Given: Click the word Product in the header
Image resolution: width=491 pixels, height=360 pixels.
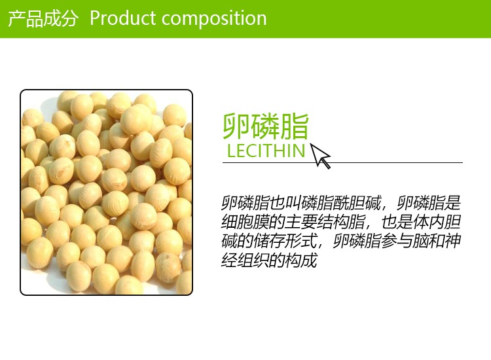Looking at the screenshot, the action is point(123,18).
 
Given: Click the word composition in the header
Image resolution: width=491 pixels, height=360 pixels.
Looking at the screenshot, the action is point(214,19).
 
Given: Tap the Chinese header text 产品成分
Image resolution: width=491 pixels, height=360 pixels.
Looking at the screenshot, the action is point(43,18).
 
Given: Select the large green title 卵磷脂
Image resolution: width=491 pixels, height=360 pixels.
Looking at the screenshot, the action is point(266,126).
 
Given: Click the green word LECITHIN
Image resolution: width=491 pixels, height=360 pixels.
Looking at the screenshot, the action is point(266,151).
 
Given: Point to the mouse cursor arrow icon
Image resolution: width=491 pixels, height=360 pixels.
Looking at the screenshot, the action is point(320,156).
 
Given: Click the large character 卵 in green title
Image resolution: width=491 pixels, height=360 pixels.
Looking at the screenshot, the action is point(236,126).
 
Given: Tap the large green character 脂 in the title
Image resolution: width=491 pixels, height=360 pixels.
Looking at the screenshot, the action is point(295,126).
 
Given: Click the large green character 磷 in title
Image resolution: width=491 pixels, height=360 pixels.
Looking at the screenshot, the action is point(266,126).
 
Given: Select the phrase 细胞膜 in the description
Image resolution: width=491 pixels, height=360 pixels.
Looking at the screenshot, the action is point(245,222).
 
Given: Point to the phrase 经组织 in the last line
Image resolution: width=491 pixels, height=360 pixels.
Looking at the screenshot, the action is point(245,260).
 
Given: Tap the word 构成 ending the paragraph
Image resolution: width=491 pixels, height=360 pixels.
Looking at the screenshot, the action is point(301,260).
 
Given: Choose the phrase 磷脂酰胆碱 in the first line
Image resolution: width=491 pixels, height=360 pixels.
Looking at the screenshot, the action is point(340,203).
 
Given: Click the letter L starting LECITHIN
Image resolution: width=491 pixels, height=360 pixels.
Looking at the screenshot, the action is point(231,151).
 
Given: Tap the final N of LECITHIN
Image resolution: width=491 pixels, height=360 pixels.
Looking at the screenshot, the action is point(299,151).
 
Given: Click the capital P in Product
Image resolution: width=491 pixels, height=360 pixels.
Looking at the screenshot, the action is point(96,18).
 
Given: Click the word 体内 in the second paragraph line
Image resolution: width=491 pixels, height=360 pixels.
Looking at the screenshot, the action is point(428,222).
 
